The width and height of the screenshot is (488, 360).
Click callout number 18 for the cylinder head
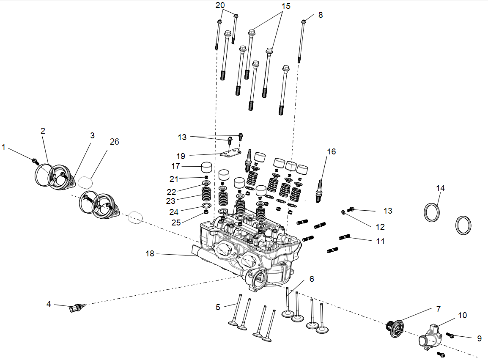[150, 253]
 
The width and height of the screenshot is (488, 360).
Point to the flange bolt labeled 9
[450, 335]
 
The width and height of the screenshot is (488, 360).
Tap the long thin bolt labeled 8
[301, 40]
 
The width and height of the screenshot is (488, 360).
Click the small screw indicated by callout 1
[35, 160]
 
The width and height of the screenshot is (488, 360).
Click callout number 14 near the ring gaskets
[441, 188]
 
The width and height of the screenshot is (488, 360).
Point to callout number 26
[114, 142]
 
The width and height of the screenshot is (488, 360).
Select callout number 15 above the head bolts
[286, 6]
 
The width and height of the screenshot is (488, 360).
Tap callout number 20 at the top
[220, 5]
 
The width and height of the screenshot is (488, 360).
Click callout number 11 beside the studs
[380, 241]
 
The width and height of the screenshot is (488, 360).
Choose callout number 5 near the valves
[218, 307]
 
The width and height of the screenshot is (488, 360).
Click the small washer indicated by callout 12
[343, 212]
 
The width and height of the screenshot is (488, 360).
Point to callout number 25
[176, 222]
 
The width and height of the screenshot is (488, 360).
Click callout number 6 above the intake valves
[312, 279]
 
